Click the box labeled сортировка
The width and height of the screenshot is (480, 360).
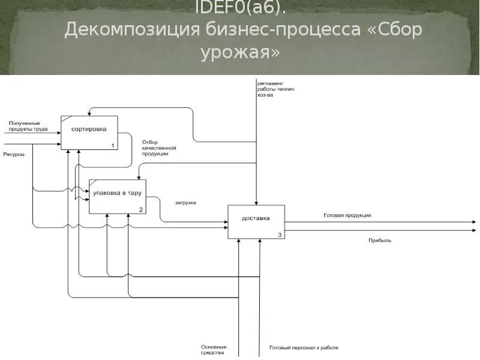click(89, 132)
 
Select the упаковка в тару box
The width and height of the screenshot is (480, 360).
click(117, 196)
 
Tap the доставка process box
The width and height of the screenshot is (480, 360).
click(256, 221)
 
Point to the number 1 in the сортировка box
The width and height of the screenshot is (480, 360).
click(113, 146)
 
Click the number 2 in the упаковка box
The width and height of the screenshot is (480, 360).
click(141, 209)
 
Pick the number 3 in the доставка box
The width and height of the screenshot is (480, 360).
click(280, 235)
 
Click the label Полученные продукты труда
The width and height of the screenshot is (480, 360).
click(28, 126)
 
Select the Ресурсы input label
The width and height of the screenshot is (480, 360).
click(14, 154)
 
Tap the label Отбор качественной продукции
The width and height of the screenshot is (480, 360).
click(158, 148)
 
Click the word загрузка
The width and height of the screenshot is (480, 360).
click(185, 202)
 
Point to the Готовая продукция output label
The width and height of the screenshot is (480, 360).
click(347, 215)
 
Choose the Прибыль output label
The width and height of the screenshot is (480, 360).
click(380, 240)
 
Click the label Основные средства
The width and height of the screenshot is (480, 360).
click(214, 350)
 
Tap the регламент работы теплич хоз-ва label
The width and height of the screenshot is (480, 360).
click(275, 89)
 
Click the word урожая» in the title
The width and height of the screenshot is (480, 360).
click(240, 52)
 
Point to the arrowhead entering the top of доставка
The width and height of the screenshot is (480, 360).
click(256, 202)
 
